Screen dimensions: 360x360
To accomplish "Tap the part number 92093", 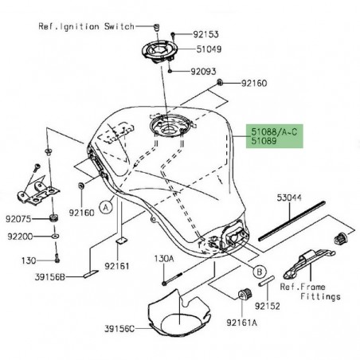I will click(202, 72).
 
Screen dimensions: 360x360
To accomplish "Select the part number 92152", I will click(267, 304).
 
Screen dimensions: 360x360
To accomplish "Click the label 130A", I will click(163, 259).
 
